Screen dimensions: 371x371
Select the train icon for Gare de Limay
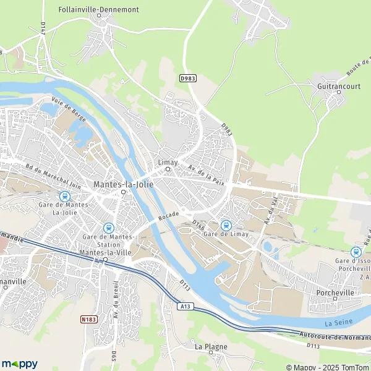coord(226,224)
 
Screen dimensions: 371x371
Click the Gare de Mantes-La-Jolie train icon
coord(62,196)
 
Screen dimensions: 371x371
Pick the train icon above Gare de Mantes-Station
coord(108,228)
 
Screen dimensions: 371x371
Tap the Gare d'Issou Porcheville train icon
coord(356,252)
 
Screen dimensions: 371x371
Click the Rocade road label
coord(168,215)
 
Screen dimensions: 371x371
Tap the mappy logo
coord(19,364)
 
